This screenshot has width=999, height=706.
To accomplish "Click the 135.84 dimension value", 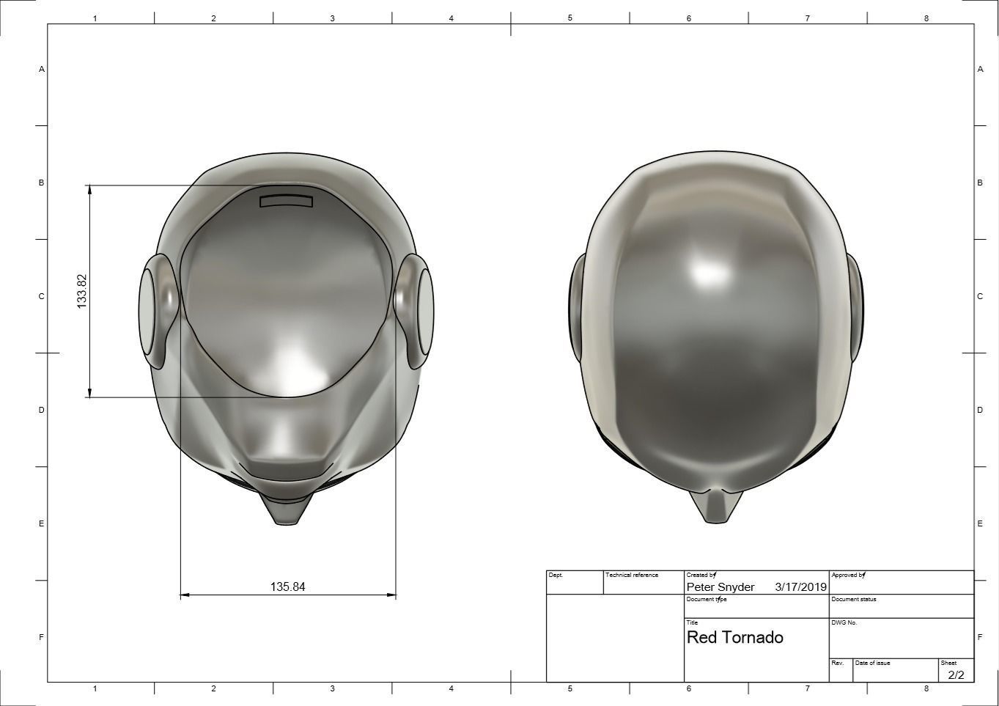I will coord(287,587).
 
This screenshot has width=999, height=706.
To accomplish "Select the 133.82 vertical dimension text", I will coord(82,291).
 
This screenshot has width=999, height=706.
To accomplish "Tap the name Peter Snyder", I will coord(720,587).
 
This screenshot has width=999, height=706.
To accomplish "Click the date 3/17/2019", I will coord(800,587).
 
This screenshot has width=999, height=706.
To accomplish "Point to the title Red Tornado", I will coord(734,637).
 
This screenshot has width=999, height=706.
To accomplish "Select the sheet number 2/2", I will coord(956,674).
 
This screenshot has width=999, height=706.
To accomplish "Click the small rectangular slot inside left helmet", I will coord(286,201).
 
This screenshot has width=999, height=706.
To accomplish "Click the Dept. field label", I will coord(556,575).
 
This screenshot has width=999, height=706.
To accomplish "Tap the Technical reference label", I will coord(632,575).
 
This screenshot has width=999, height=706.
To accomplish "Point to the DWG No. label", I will coord(844,622).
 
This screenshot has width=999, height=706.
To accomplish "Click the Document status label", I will coord(853,599).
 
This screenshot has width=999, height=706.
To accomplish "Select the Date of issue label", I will coord(872,663).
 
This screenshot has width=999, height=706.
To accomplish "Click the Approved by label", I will coord(848,575).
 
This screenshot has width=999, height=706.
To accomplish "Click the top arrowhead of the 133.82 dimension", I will coord(89,190).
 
